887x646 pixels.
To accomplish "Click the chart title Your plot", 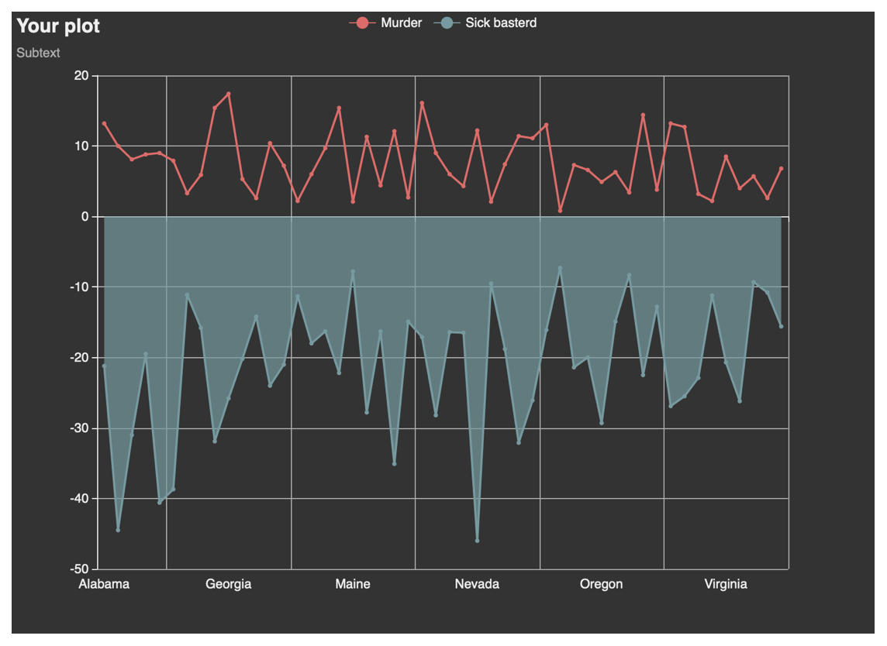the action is tap(58, 26).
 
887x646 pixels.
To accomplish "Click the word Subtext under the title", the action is tap(38, 53).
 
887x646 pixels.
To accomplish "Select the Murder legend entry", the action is tap(386, 22).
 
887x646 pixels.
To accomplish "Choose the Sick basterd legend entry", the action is tap(485, 22).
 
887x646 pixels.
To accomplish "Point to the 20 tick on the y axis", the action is tap(81, 76).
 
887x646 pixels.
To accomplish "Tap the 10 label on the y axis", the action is tap(81, 146).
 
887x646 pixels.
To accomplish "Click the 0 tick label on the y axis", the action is tap(85, 216).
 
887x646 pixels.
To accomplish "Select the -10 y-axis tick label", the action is tap(79, 287).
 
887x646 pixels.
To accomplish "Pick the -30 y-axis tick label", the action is tap(79, 428).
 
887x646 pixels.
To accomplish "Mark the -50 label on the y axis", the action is tap(79, 569).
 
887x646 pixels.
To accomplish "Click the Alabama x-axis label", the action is tap(104, 584).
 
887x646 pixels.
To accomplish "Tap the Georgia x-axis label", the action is tap(229, 584).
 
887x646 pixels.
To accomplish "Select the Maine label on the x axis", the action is tap(353, 584).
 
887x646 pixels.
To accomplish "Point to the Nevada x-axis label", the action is tap(477, 584).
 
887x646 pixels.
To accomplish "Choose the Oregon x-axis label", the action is tap(602, 584).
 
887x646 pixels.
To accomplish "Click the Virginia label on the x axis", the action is tap(726, 584).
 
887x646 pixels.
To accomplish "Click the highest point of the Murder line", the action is tap(229, 94).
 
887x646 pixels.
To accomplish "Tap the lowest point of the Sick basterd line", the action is tap(478, 541).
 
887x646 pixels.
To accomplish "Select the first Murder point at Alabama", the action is tap(104, 123).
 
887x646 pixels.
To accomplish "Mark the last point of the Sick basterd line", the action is tap(782, 326).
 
